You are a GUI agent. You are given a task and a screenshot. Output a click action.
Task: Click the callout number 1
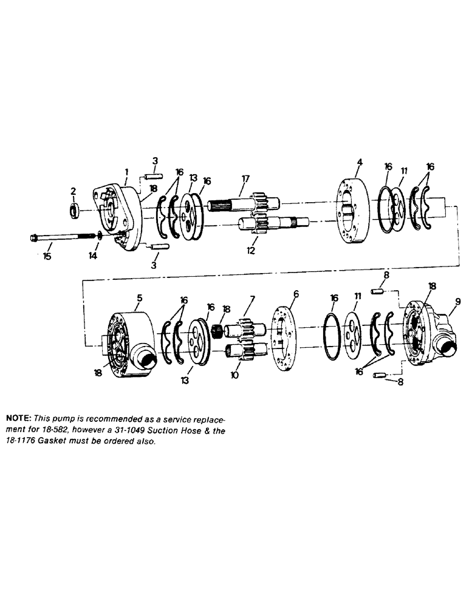[x=126, y=172]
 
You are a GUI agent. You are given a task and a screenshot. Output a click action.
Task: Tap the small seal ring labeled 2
[x=74, y=211]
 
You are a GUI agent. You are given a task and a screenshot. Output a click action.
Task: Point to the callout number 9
[x=457, y=301]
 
